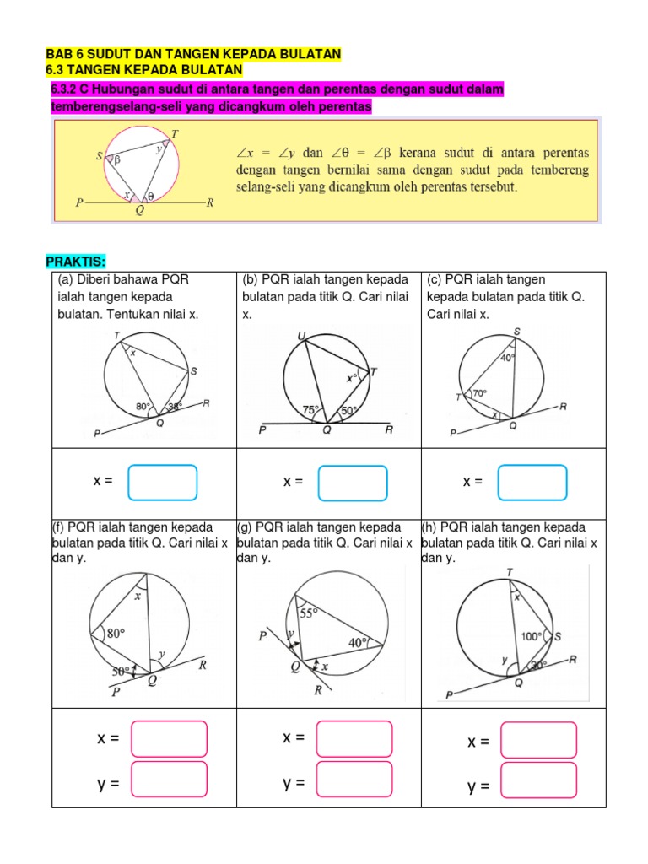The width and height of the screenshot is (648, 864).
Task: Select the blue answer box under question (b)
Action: pyautogui.click(x=352, y=483)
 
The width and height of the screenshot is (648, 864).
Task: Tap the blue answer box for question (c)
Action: pyautogui.click(x=533, y=483)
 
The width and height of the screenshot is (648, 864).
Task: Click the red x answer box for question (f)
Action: pyautogui.click(x=169, y=739)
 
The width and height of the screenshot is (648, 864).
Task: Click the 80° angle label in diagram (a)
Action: pyautogui.click(x=144, y=407)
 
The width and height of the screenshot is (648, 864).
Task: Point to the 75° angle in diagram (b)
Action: pyautogui.click(x=311, y=410)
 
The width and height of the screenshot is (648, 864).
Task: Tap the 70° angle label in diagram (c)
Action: pyautogui.click(x=480, y=392)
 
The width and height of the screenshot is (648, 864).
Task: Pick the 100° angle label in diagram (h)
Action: pyautogui.click(x=533, y=636)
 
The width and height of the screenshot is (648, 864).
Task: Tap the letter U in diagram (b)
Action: pyautogui.click(x=301, y=337)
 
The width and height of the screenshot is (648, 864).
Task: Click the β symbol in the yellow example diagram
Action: pyautogui.click(x=117, y=158)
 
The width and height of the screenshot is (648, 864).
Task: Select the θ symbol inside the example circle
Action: pyautogui.click(x=151, y=196)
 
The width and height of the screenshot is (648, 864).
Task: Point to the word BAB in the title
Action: pyautogui.click(x=58, y=54)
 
